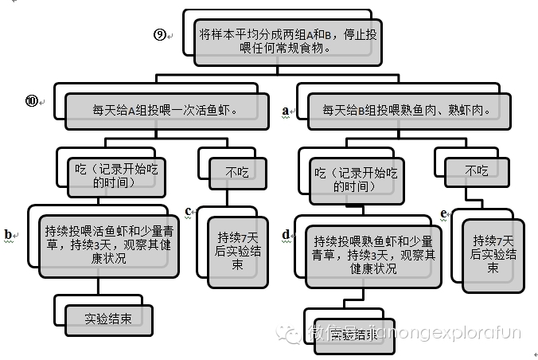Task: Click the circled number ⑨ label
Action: [x=159, y=34]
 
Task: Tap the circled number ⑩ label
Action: [x=32, y=100]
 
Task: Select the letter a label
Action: [x=285, y=112]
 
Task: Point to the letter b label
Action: [x=8, y=234]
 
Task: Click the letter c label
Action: [x=189, y=211]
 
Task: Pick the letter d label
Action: [x=285, y=234]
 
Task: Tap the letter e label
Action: [x=442, y=214]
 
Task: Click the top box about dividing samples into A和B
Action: [x=288, y=41]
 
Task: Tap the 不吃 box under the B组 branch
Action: [x=477, y=170]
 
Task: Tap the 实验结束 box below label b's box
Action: [x=108, y=317]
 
